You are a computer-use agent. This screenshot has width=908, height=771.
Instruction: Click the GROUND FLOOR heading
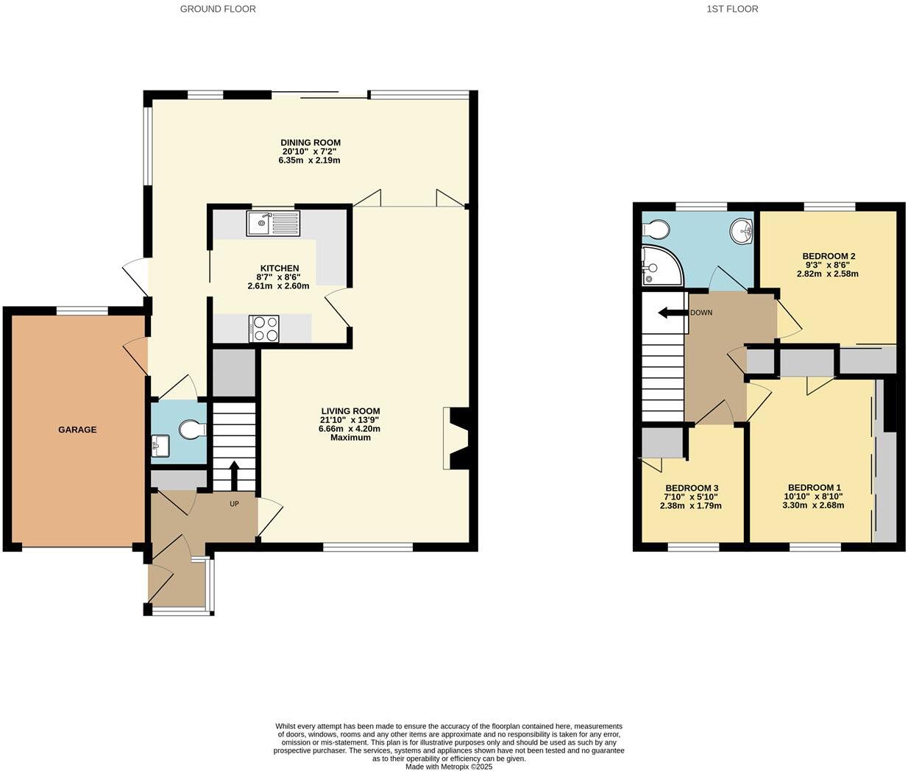point(218,9)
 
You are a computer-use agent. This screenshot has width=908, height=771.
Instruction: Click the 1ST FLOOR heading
point(731,9)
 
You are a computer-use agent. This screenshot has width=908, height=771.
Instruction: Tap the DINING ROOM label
point(310,143)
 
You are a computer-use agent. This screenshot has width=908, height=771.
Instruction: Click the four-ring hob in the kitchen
point(265,328)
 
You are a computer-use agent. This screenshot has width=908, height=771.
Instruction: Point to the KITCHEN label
point(280,269)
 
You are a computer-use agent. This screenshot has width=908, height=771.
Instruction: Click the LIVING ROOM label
point(350,411)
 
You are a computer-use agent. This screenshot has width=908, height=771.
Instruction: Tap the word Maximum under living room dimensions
point(350,438)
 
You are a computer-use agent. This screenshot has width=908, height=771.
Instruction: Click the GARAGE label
point(77,430)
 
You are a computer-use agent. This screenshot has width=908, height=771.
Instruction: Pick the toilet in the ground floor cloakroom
point(191,429)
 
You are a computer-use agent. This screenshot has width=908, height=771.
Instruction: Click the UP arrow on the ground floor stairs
point(234,475)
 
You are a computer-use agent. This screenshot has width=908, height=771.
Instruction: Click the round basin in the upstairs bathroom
point(742,232)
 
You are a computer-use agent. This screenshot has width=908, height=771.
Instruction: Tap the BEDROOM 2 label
point(829,257)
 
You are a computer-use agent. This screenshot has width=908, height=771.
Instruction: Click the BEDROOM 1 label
point(814,488)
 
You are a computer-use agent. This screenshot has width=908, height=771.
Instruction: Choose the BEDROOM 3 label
point(692,488)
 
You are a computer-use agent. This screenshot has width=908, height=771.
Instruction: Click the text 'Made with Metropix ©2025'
point(449,767)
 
